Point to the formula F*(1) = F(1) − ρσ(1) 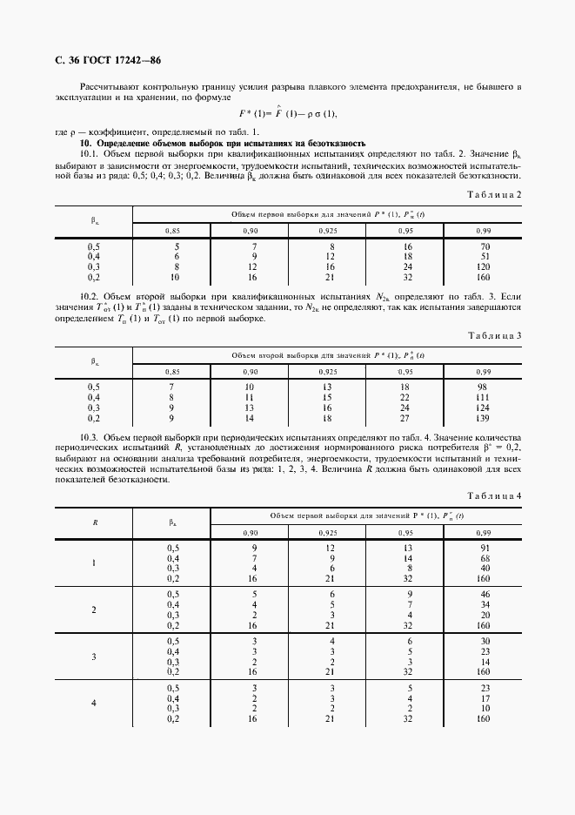[288, 114]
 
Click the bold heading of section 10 [223, 143]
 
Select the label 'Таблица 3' [494, 335]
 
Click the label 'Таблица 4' [494, 495]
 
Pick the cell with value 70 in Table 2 [485, 247]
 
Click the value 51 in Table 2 [485, 257]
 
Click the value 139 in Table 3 [485, 418]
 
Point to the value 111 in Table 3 [485, 399]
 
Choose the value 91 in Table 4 [485, 548]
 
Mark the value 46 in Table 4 [485, 595]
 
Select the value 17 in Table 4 [485, 698]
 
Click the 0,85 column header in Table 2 [173, 230]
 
